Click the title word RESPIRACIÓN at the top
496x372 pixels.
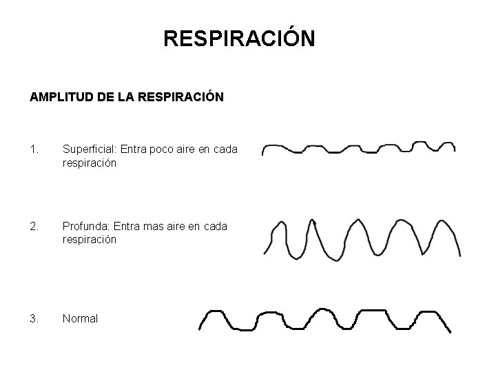(239, 39)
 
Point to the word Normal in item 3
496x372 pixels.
(80, 319)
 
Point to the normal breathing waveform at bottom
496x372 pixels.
(324, 320)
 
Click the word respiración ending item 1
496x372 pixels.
(90, 163)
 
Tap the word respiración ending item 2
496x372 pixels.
(90, 240)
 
